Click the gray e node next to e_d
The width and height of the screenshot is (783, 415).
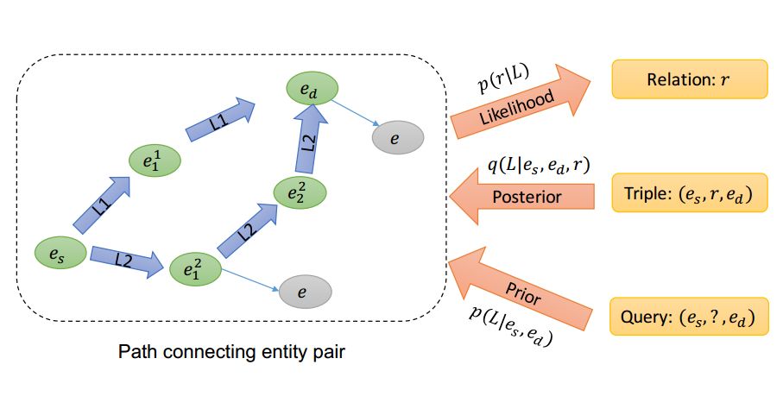pyautogui.click(x=396, y=137)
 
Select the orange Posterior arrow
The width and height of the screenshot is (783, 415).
pyautogui.click(x=521, y=198)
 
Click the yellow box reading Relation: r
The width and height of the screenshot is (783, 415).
pyautogui.click(x=689, y=80)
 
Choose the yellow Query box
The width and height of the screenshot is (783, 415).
pyautogui.click(x=689, y=318)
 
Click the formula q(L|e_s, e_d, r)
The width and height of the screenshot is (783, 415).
pyautogui.click(x=539, y=164)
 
